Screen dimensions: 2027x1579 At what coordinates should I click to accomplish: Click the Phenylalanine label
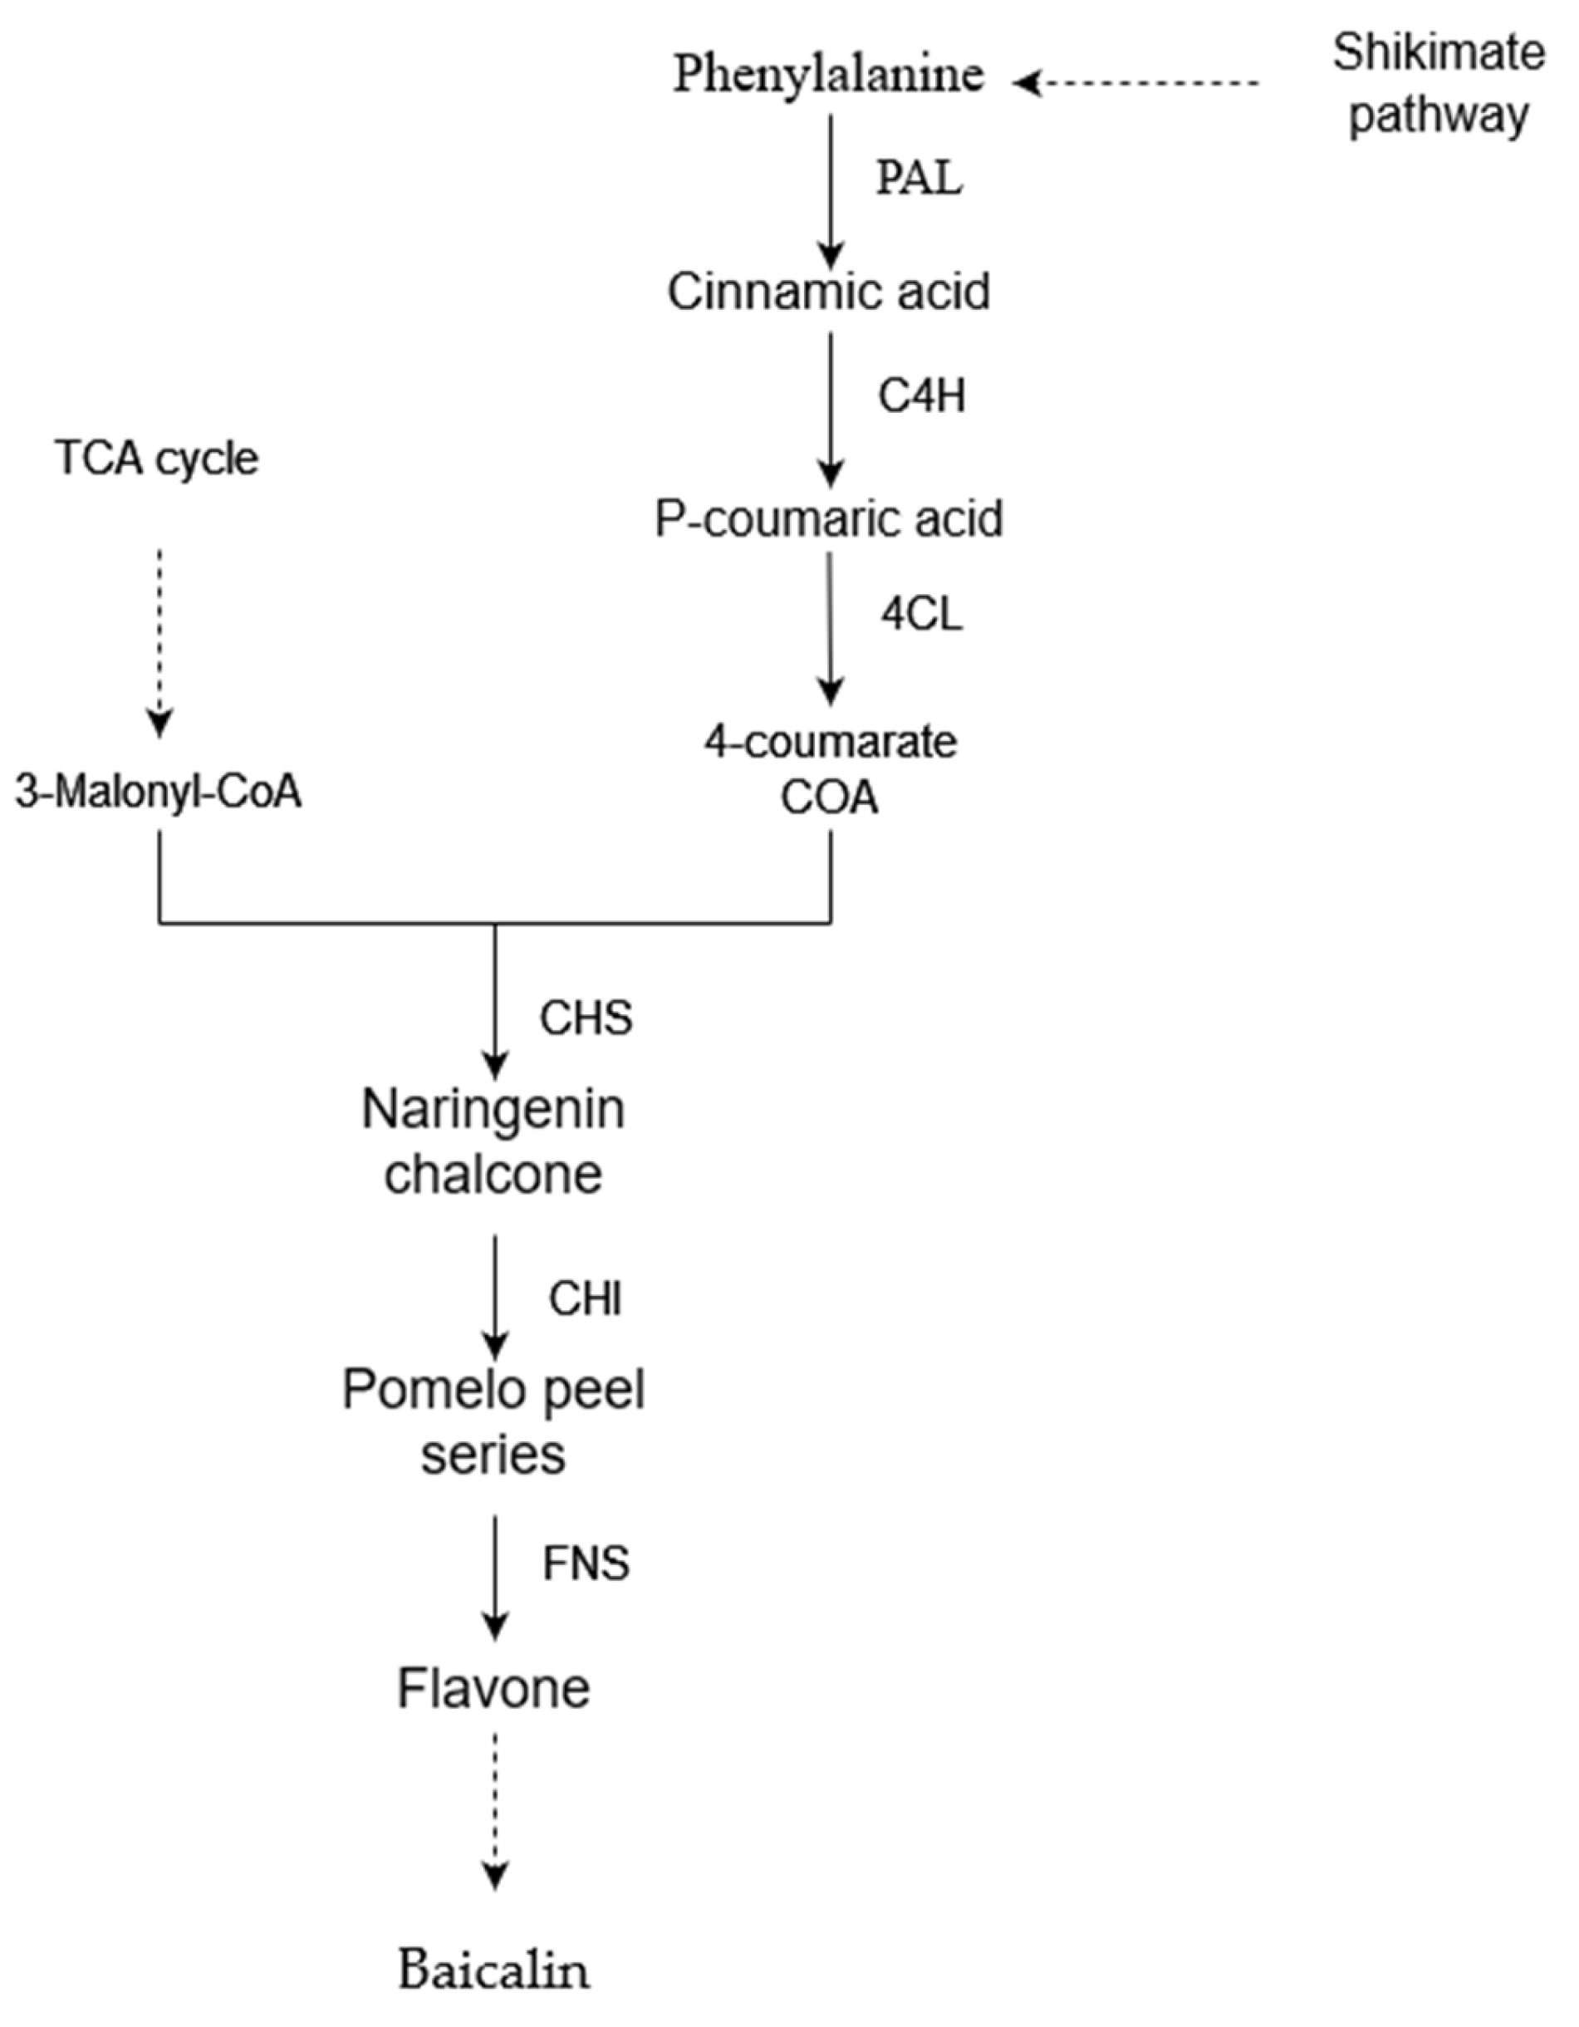tap(827, 74)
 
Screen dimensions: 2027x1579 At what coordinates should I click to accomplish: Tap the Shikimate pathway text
tap(1438, 84)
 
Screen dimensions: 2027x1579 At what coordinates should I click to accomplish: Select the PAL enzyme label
tap(919, 177)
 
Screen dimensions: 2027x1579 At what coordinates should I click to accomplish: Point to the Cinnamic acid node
tap(828, 292)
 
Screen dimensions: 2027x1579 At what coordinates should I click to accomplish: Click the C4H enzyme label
tap(921, 396)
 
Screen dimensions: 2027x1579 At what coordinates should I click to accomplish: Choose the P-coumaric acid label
tap(828, 520)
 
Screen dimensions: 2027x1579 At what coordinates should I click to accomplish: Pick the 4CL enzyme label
tap(921, 613)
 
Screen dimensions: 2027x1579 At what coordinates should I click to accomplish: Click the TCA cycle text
tap(157, 459)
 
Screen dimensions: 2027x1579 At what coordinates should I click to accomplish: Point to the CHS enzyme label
tap(586, 1018)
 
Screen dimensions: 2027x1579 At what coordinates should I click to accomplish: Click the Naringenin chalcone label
tap(493, 1141)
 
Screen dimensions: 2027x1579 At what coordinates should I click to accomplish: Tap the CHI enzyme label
tap(585, 1298)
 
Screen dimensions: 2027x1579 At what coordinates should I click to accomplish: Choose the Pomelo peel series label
tap(493, 1422)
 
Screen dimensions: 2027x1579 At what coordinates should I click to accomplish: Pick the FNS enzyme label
tap(586, 1564)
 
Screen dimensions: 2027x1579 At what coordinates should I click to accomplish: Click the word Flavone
tap(493, 1688)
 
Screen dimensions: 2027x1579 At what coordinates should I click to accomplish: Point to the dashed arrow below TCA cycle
tap(159, 640)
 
